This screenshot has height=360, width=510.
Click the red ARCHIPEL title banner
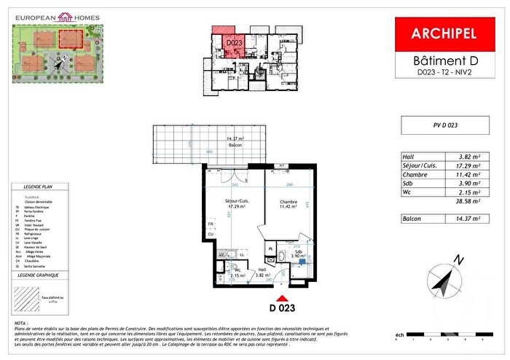click(444, 34)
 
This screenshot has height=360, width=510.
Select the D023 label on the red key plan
click(234, 44)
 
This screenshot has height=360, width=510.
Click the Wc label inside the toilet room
click(238, 271)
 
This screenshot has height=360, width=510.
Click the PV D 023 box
click(444, 125)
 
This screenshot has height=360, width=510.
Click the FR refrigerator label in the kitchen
click(211, 224)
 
